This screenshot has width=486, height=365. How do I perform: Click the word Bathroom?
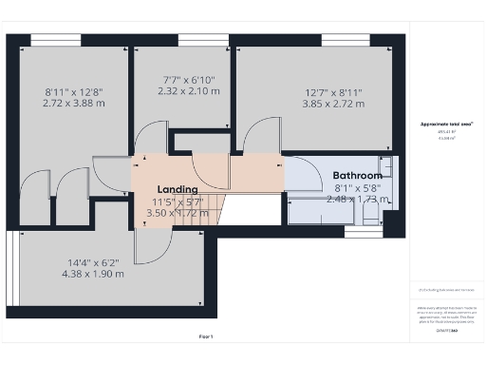[357, 176]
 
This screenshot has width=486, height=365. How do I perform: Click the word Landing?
[178, 189]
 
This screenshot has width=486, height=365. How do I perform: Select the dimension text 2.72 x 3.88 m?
[73, 103]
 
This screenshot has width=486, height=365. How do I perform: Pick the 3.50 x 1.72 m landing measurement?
[178, 213]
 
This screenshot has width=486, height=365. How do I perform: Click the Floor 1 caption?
[205, 336]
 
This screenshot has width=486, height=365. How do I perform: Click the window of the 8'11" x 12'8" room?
[54, 39]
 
